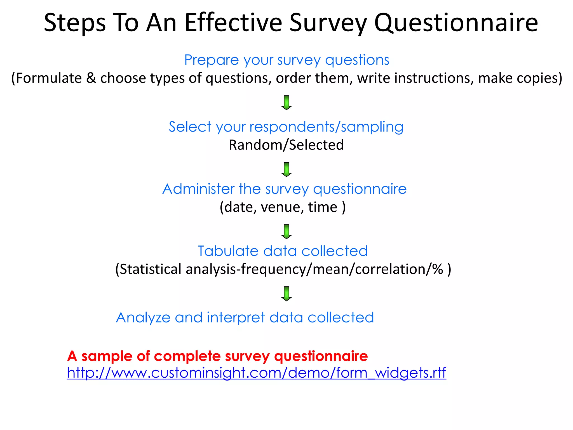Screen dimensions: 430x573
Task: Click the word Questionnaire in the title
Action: [456, 23]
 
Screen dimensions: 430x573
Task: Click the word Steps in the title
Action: [75, 23]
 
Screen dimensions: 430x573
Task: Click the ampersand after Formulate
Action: [91, 78]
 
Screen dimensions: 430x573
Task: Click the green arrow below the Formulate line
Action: [286, 102]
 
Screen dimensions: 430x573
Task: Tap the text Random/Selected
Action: [286, 145]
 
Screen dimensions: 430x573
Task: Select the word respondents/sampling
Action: [326, 127]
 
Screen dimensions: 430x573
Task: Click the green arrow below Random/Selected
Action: [286, 169]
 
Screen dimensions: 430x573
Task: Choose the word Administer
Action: [198, 189]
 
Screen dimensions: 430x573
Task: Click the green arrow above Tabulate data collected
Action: [286, 232]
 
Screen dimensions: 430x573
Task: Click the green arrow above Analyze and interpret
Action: [286, 294]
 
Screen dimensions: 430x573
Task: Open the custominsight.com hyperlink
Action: [256, 373]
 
